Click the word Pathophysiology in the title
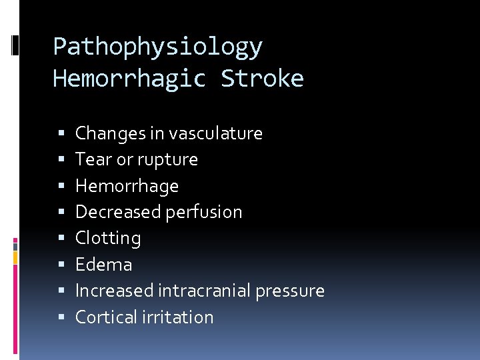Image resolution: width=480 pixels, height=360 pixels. [158, 47]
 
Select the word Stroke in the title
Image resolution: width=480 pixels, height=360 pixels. [262, 79]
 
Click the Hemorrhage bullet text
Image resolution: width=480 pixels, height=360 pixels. [127, 186]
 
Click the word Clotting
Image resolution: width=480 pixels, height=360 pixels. [108, 239]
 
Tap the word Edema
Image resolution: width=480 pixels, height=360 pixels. [103, 265]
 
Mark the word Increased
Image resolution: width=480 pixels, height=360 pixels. [114, 291]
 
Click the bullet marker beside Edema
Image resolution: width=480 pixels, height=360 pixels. [62, 265]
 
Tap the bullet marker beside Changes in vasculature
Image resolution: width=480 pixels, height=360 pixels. [62, 134]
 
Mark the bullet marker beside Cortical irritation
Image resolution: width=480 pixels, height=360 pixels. [62, 318]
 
